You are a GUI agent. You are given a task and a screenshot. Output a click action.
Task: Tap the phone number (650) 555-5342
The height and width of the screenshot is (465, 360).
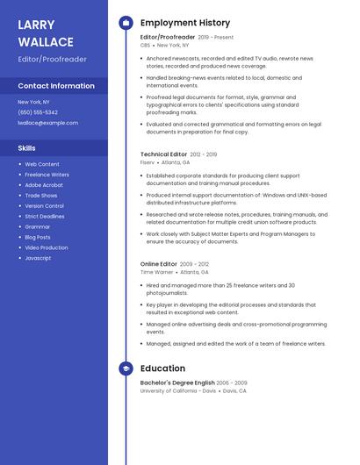click(38, 112)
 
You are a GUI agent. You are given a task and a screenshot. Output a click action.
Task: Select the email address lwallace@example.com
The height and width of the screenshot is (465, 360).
click(48, 123)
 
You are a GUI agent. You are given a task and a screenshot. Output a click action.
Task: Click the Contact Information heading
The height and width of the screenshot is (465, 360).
click(56, 86)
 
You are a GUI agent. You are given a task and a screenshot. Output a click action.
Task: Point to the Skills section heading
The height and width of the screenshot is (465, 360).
click(26, 148)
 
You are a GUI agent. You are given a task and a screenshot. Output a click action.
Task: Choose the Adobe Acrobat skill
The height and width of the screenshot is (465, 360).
click(44, 185)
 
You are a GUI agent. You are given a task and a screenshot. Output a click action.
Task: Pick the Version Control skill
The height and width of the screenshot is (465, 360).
click(45, 206)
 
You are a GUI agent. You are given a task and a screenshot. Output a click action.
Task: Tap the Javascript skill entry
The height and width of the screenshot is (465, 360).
click(38, 258)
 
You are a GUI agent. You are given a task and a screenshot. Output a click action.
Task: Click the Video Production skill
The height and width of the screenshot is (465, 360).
click(47, 247)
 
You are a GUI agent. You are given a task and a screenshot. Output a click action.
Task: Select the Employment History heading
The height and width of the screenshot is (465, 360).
click(185, 23)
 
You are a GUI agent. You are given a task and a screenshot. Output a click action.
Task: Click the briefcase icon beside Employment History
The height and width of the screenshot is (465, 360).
click(126, 23)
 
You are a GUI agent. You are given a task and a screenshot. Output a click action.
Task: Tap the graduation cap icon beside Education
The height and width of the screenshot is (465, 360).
click(126, 369)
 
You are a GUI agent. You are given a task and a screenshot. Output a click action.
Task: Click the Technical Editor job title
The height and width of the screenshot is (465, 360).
click(162, 154)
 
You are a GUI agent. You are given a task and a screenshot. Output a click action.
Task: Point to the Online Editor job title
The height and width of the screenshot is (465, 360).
click(159, 264)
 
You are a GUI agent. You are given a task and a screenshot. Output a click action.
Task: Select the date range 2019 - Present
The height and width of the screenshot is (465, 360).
click(216, 38)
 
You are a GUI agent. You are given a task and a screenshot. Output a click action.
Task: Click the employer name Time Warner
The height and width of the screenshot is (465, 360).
click(157, 272)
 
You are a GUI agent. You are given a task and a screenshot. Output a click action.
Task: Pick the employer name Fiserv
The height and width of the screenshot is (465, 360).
click(148, 162)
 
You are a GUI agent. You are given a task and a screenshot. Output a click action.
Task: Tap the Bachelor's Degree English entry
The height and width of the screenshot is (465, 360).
click(177, 383)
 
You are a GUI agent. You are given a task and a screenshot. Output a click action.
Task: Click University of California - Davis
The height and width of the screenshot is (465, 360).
click(178, 391)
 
